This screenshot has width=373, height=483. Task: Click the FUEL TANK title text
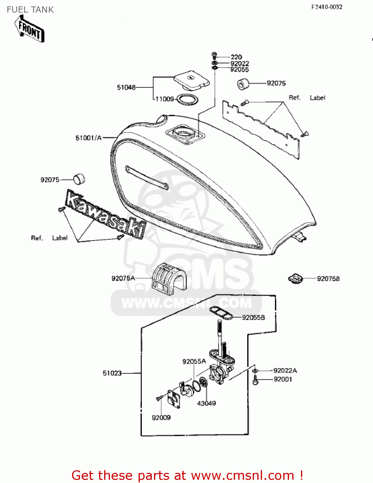coord(30,10)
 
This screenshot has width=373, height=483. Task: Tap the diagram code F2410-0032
coord(327,7)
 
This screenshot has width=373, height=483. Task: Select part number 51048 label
coord(126,87)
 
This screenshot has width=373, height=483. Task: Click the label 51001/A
coord(88,138)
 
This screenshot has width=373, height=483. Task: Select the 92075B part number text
coord(328,279)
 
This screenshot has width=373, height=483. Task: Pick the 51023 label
coord(112,373)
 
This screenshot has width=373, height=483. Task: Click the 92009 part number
coord(161,418)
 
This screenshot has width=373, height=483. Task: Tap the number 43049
coord(206,403)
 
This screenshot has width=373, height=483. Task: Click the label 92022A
coord(285,370)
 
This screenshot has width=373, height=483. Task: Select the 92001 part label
coord(283,379)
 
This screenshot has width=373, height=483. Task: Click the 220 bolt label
coord(236,57)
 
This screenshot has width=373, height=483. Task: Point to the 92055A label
coord(194,361)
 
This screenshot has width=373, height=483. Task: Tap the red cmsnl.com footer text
coord(187,475)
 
